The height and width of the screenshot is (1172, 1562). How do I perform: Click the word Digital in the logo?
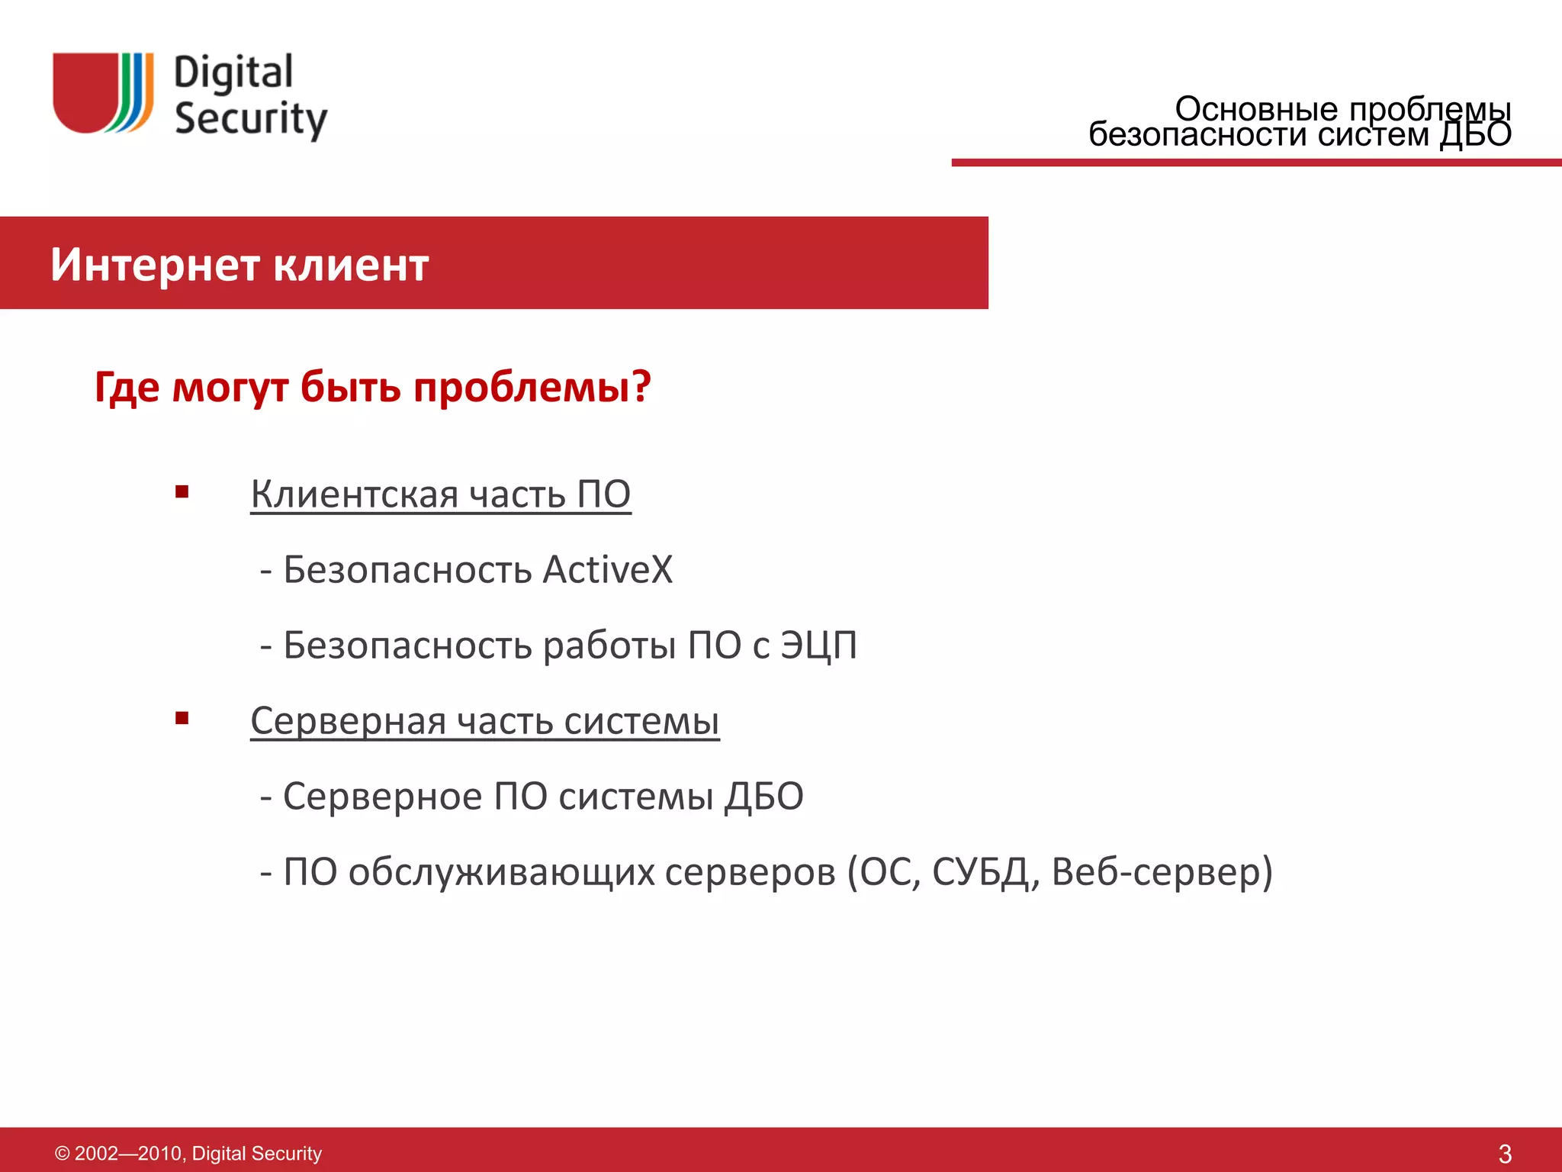click(233, 73)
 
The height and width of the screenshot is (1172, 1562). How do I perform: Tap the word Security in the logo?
click(251, 119)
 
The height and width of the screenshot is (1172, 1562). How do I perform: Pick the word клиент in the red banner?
click(351, 265)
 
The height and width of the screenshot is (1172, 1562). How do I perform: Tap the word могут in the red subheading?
click(230, 388)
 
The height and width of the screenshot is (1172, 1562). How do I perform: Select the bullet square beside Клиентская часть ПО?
click(182, 492)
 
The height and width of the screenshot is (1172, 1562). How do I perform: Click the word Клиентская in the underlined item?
click(355, 494)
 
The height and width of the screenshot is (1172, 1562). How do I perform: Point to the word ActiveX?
click(608, 569)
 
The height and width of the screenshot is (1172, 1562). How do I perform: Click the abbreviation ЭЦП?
click(818, 646)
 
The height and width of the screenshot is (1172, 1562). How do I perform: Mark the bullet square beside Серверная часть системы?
click(182, 718)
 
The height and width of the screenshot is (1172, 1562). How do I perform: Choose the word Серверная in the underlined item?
click(349, 721)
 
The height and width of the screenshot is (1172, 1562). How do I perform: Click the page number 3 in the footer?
click(1504, 1154)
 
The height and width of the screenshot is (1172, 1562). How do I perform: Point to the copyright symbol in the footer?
click(63, 1154)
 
